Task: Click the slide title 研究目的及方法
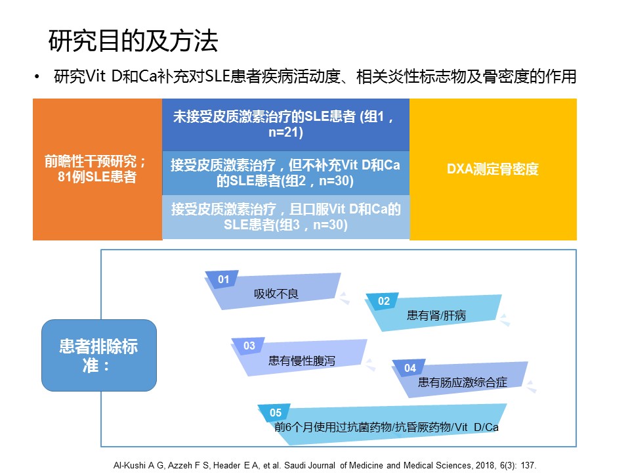tap(133, 41)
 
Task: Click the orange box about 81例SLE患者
tap(98, 169)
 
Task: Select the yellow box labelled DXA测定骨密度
tap(493, 169)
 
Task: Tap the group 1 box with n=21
tap(285, 124)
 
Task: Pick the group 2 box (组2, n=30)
tap(285, 173)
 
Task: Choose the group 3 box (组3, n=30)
tap(285, 217)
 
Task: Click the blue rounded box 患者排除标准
tap(99, 355)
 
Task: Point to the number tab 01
tap(223, 279)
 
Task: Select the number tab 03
tap(249, 346)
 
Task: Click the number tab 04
tap(409, 368)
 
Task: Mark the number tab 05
tap(276, 413)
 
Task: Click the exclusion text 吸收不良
tap(276, 294)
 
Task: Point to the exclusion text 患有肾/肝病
tap(436, 315)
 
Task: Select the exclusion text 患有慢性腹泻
tap(302, 361)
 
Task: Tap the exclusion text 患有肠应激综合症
tap(463, 382)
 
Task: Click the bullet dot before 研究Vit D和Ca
tap(37, 76)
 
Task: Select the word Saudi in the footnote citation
tap(295, 465)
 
